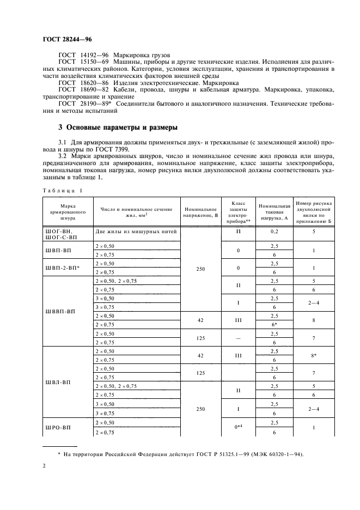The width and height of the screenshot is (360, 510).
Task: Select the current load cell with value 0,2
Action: (x=274, y=232)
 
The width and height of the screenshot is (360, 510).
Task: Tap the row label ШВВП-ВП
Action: (x=60, y=311)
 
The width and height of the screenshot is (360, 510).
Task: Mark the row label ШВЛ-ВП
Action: (x=59, y=382)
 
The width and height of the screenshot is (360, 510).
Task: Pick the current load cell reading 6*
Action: (x=274, y=325)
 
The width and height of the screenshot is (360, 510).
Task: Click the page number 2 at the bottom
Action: (x=45, y=466)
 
